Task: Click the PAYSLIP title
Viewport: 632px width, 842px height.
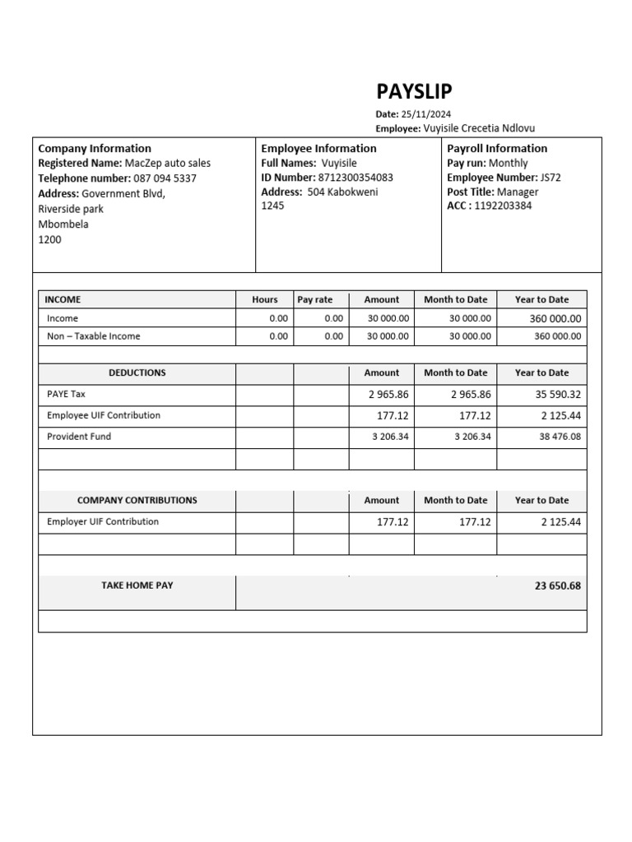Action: tap(414, 91)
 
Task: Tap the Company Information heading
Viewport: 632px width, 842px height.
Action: tap(95, 148)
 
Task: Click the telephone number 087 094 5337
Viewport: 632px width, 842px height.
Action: tap(165, 178)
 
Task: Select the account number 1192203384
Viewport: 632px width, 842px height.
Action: tap(503, 206)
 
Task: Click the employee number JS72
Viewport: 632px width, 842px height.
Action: tap(551, 178)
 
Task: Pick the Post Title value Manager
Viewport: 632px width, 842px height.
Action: tap(518, 192)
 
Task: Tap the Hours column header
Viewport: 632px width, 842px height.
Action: tap(265, 300)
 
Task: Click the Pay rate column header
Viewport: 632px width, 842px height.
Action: tap(315, 300)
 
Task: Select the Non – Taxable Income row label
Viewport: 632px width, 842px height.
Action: tap(93, 336)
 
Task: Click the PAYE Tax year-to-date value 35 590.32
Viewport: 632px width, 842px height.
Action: tap(558, 395)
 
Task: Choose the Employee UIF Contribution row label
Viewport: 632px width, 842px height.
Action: tap(104, 415)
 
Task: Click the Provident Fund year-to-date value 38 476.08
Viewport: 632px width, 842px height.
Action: tap(560, 437)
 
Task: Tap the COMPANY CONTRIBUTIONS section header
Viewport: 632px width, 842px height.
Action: tap(137, 500)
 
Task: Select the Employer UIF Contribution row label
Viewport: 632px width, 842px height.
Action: tap(103, 521)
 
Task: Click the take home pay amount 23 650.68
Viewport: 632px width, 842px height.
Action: tap(557, 586)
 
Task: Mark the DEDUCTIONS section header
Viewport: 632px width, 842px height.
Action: tap(137, 372)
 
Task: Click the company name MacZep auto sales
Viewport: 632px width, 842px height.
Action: tap(167, 164)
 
